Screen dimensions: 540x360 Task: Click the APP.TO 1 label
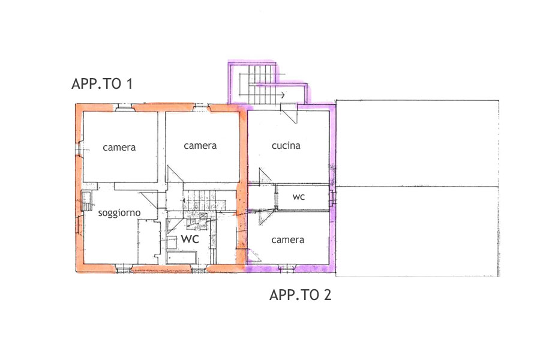point(102,84)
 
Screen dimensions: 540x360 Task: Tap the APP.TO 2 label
point(301,295)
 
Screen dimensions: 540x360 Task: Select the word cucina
point(286,145)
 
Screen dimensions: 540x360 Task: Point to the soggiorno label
point(119,213)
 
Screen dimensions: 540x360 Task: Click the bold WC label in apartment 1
point(190,239)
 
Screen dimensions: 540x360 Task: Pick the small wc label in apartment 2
point(299,197)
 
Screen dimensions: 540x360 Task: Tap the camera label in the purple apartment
point(287,240)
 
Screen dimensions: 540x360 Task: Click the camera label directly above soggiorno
point(119,148)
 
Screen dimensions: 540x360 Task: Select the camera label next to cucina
point(200,146)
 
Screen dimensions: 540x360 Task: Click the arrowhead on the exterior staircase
point(283,95)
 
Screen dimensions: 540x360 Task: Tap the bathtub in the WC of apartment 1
point(181,257)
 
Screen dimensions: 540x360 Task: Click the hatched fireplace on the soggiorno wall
point(86,201)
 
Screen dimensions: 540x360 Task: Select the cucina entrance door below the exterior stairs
point(289,113)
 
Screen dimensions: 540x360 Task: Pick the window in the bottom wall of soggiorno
point(124,269)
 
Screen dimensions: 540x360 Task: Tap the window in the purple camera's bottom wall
point(287,268)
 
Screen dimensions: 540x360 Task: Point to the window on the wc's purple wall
point(331,198)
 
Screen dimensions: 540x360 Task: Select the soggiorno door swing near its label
point(149,200)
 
